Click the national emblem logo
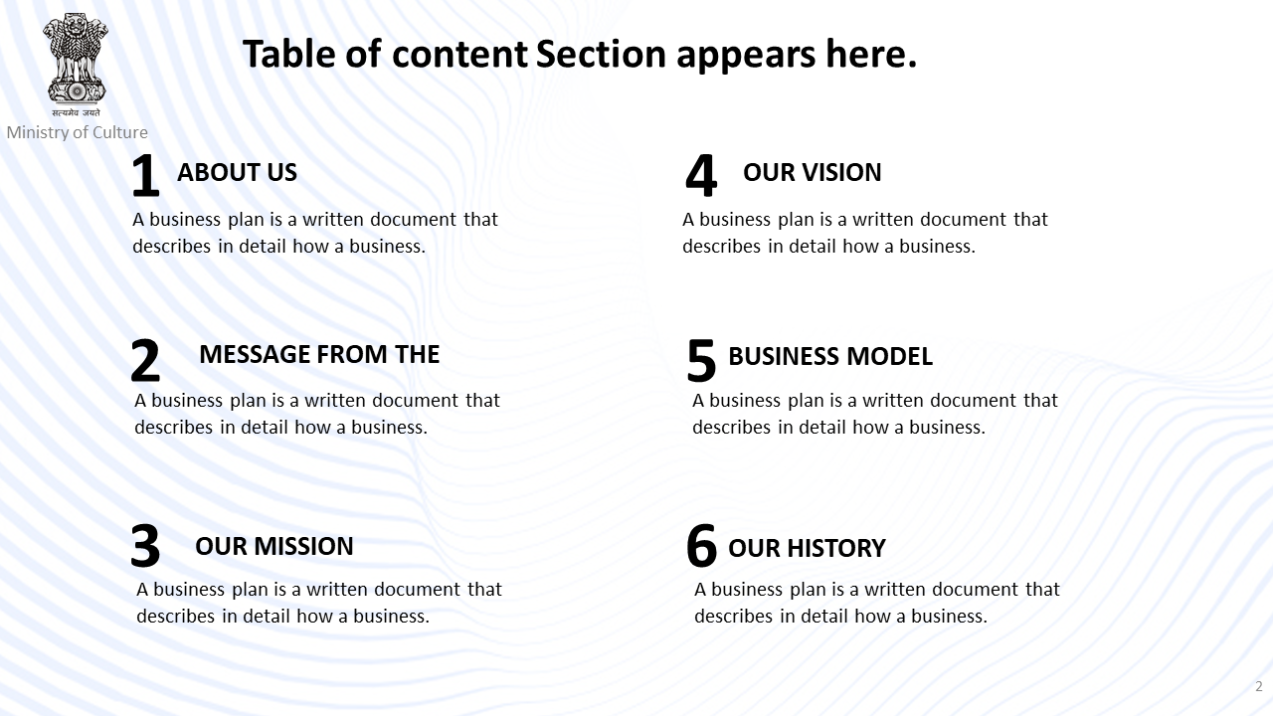coord(76,65)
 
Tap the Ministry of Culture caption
coord(78,132)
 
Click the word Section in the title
coord(601,54)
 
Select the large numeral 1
coord(145,176)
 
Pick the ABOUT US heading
coord(237,172)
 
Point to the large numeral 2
coord(145,360)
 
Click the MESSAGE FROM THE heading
coord(319,354)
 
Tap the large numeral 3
coord(145,546)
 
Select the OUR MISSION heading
coord(273,546)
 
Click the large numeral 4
coord(701,176)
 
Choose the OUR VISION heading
coord(813,172)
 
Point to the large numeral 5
coord(701,360)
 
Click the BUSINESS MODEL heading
coord(830,356)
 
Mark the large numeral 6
coord(701,546)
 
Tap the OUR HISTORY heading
coord(807,548)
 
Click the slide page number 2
coord(1259,686)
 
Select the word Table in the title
coord(288,54)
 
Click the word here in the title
coord(871,54)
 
